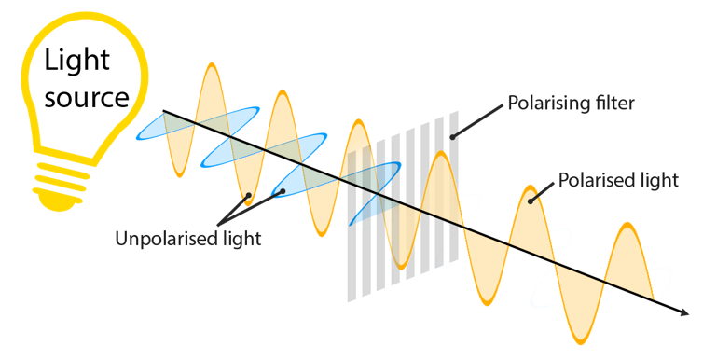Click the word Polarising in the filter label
tap(544, 103)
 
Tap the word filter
tap(612, 103)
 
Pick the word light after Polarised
tap(659, 180)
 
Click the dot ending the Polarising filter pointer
tap(452, 137)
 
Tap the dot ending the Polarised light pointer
tap(531, 199)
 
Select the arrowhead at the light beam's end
tap(693, 314)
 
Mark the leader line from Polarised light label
tap(544, 189)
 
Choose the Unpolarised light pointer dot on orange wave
tap(248, 196)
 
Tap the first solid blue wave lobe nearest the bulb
tap(149, 130)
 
